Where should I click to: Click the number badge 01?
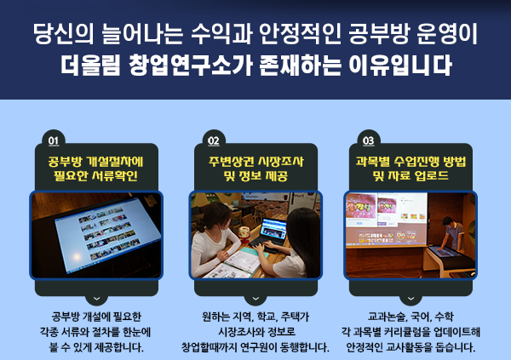[x=54, y=141]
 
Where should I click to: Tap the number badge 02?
[x=214, y=141]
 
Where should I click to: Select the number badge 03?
[x=369, y=141]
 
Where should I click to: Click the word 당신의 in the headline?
[x=64, y=34]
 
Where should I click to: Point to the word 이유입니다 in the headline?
[x=400, y=65]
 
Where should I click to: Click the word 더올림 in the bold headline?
[x=90, y=65]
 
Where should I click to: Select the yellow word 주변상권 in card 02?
[x=230, y=162]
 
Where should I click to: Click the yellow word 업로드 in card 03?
[x=432, y=176]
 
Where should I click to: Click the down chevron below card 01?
[x=96, y=299]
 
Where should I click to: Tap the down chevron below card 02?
[x=255, y=299]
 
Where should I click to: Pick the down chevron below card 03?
[x=411, y=299]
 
